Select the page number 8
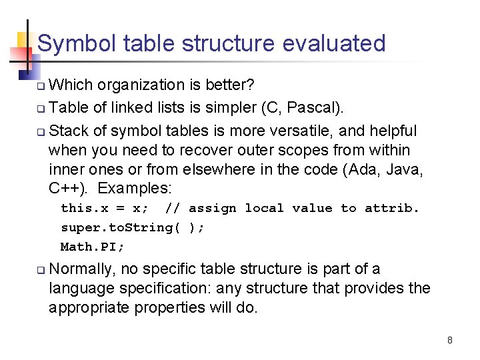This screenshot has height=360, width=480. click(x=450, y=340)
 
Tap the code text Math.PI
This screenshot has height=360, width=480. click(x=93, y=247)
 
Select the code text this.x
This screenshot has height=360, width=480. click(x=85, y=208)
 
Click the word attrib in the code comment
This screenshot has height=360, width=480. click(x=392, y=208)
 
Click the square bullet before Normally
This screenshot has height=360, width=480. click(x=41, y=270)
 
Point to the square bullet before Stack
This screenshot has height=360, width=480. click(x=41, y=131)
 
